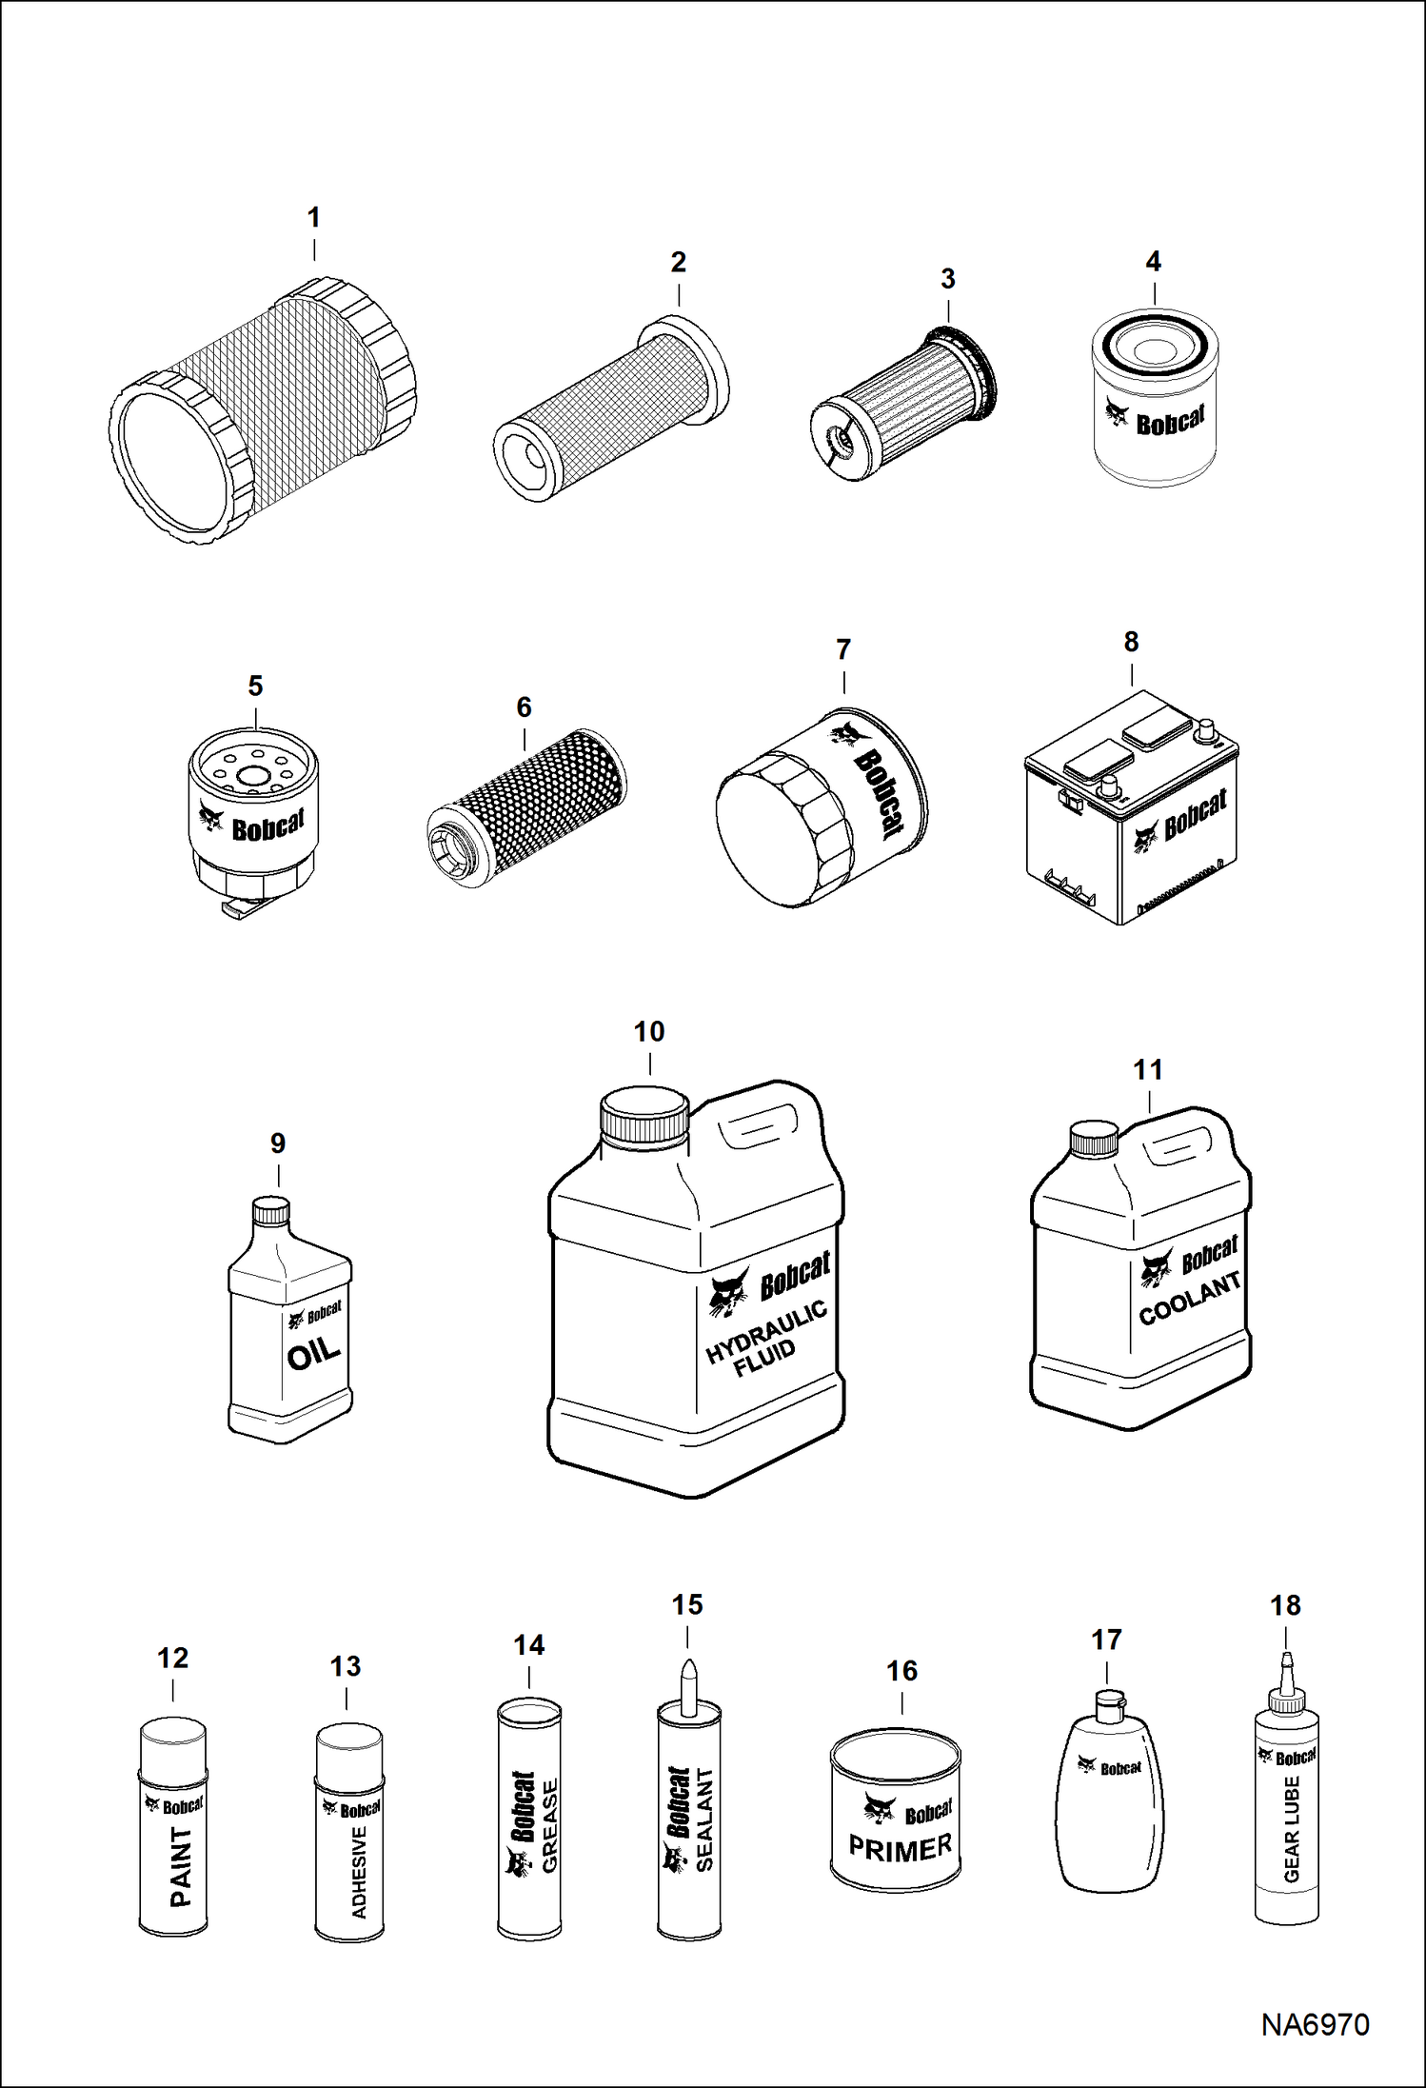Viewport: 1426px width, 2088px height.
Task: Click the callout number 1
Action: pos(313,218)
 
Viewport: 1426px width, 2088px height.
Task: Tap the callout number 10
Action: pos(649,1031)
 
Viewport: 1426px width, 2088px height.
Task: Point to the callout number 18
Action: pos(1285,1605)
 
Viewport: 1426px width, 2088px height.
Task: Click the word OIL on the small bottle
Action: pos(313,1353)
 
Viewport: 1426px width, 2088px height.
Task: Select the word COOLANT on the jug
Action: pos(1190,1299)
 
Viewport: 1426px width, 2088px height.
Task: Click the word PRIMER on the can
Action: pos(900,1848)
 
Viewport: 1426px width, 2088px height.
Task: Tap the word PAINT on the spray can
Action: pos(181,1866)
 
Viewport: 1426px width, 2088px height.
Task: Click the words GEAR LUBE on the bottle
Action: pos(1292,1842)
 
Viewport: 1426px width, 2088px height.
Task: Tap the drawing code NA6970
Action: pos(1315,2024)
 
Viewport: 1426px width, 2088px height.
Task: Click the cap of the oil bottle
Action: pos(270,1211)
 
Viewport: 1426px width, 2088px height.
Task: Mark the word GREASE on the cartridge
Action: pos(550,1826)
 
